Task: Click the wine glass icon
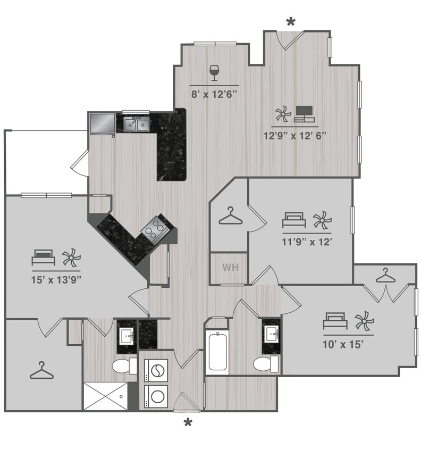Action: pyautogui.click(x=214, y=72)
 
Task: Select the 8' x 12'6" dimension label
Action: pyautogui.click(x=214, y=94)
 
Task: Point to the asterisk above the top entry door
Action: pyautogui.click(x=290, y=22)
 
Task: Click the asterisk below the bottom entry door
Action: pyautogui.click(x=187, y=423)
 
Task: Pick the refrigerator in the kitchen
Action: pyautogui.click(x=102, y=124)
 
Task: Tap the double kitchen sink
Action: pyautogui.click(x=136, y=124)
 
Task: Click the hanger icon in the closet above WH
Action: pyautogui.click(x=230, y=217)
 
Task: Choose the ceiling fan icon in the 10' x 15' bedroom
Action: pyautogui.click(x=365, y=321)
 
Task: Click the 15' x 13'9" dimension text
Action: pyautogui.click(x=56, y=278)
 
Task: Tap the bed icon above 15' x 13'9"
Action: pyautogui.click(x=43, y=257)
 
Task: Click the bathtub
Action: pyautogui.click(x=218, y=352)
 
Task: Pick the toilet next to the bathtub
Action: pyautogui.click(x=265, y=364)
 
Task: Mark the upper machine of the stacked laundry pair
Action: pyautogui.click(x=156, y=369)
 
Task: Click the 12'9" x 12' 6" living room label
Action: pyautogui.click(x=294, y=135)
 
